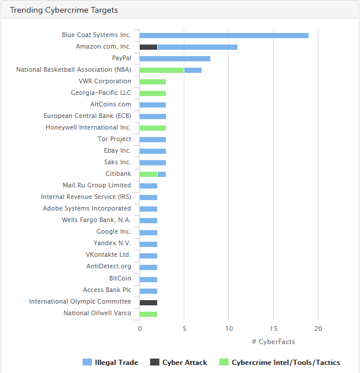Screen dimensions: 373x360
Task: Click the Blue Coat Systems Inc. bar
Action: click(224, 35)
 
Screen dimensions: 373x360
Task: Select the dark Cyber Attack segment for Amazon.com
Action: click(149, 47)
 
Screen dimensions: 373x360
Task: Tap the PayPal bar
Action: click(175, 58)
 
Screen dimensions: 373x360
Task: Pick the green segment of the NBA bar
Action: click(162, 70)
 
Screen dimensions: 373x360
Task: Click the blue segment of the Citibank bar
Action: click(162, 174)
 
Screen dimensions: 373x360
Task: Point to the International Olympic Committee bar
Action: click(149, 302)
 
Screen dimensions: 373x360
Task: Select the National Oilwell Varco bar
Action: click(149, 313)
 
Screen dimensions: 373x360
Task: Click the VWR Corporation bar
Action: click(153, 82)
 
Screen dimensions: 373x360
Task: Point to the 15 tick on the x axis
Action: click(273, 328)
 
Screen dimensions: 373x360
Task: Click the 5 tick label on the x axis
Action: click(184, 328)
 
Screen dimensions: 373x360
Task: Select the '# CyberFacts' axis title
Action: click(273, 342)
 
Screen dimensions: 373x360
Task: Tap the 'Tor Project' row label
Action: click(114, 139)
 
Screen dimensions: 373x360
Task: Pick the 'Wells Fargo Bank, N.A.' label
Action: click(97, 220)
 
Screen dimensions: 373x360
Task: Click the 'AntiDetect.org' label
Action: click(109, 267)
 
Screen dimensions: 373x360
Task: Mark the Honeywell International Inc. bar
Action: click(153, 128)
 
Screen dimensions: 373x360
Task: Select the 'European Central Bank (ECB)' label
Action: click(87, 116)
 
